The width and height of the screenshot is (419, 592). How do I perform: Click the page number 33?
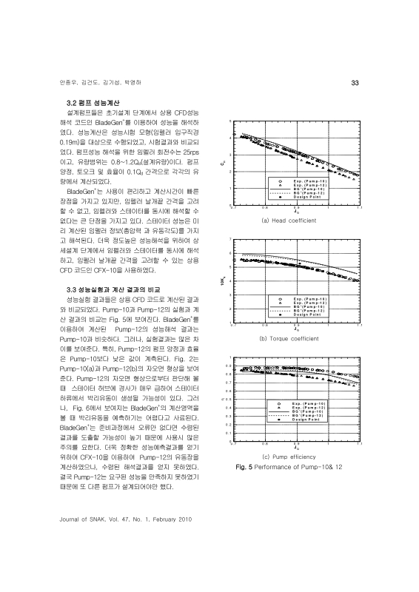pos(354,81)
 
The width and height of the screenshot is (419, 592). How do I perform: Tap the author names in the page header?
pos(87,81)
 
